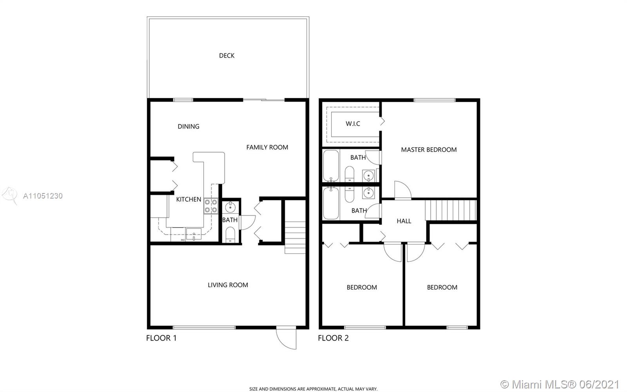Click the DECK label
(227, 55)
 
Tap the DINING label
(188, 126)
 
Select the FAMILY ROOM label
(267, 147)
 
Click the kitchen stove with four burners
(211, 206)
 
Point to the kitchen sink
(194, 234)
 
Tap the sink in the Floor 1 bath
(230, 207)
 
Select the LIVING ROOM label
(228, 285)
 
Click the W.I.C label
(353, 124)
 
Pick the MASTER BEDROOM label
(429, 150)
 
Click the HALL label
(404, 221)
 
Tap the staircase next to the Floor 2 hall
(451, 210)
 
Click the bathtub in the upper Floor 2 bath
(331, 166)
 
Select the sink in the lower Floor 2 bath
(368, 193)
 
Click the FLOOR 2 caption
(333, 338)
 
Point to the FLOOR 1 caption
(161, 338)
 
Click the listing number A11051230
(43, 196)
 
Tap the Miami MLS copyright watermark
(559, 384)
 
